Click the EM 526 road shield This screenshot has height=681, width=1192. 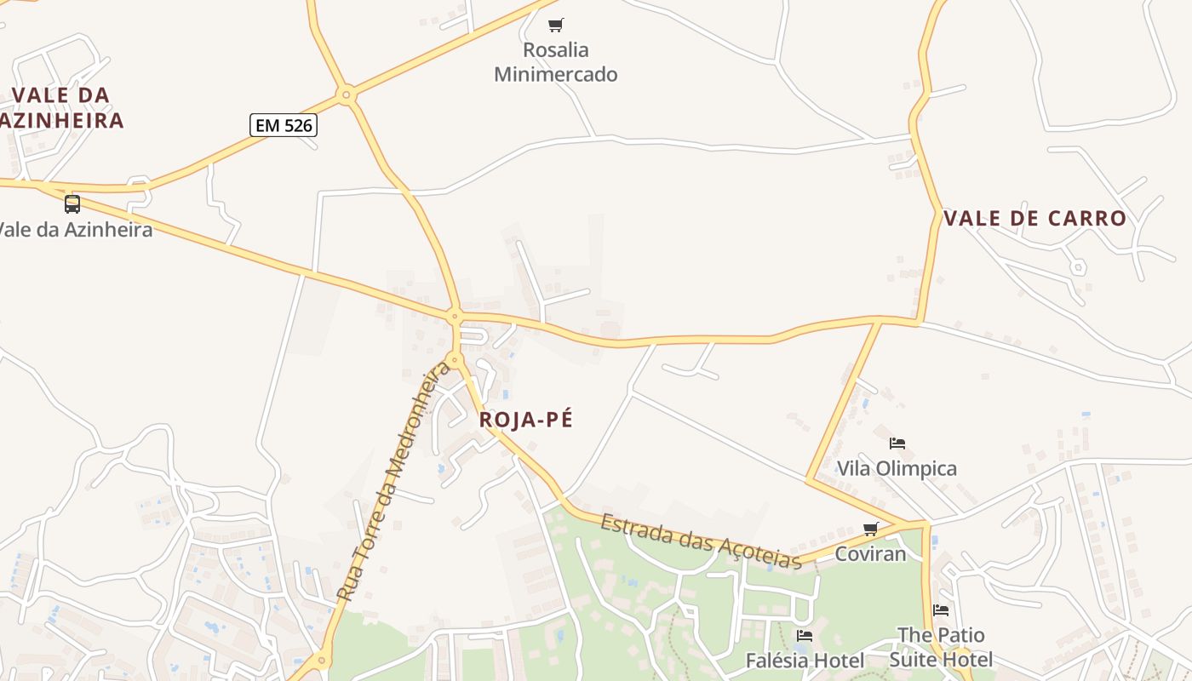point(284,126)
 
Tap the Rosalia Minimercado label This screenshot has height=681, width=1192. point(556,62)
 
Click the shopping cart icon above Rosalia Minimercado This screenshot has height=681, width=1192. point(556,25)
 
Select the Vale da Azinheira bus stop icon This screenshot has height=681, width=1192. point(72,204)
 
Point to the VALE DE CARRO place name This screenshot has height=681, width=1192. point(1035,219)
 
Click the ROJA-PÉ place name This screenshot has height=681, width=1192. point(526,420)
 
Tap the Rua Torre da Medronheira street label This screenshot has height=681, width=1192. point(393,482)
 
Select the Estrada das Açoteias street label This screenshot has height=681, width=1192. point(701,541)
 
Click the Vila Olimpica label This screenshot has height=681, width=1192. point(897,468)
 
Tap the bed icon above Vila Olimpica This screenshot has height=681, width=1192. point(897,443)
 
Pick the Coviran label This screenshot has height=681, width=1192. point(871,554)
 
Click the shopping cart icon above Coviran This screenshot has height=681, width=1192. point(871,529)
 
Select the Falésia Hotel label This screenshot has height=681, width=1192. point(805,661)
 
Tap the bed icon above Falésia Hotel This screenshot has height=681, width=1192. point(805,635)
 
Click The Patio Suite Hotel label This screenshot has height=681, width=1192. point(941,647)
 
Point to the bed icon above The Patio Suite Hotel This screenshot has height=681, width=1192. point(941,609)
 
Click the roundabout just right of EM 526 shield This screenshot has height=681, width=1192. point(346,94)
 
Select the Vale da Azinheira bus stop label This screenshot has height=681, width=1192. point(75,230)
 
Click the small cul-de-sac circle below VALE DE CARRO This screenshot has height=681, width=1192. point(1078,267)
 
